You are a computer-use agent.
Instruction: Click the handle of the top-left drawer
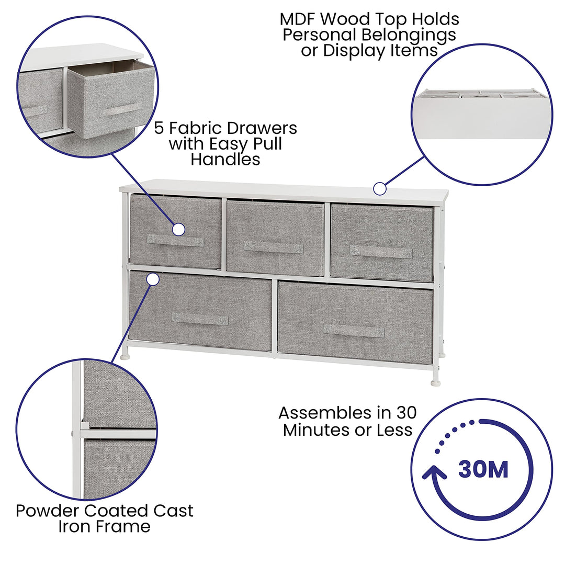tap(175, 241)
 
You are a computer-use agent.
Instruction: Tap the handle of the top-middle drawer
tap(274, 247)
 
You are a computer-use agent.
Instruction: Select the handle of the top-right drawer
tap(381, 252)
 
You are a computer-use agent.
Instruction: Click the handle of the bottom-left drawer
tap(199, 319)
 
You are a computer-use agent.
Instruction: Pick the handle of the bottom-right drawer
tap(354, 331)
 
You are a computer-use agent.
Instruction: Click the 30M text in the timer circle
tap(483, 469)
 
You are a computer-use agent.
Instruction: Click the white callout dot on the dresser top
tap(380, 188)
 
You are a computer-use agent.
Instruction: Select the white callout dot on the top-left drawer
tap(178, 229)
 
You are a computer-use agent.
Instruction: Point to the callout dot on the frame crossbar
tap(153, 279)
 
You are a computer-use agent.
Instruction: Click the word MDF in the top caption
tap(298, 19)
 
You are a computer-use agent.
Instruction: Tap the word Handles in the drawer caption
tap(225, 159)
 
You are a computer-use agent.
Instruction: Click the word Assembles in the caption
tap(320, 413)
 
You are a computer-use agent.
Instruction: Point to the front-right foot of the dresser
tap(435, 382)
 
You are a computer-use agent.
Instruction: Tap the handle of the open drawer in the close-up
tap(120, 110)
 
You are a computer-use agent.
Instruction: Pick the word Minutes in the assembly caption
tap(314, 430)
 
